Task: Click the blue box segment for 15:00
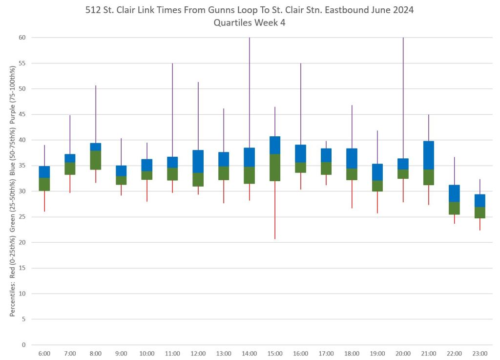275,145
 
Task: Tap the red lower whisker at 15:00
275,210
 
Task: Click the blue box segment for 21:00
429,155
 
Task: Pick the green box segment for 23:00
480,212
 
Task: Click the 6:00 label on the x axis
44,353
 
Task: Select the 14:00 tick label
249,353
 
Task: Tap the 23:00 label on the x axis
480,353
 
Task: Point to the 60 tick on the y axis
22,38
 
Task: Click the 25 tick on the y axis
22,217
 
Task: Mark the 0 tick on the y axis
23,345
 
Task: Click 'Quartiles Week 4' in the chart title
249,22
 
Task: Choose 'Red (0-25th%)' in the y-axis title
13,281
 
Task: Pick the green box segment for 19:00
377,186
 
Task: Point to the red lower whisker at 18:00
352,194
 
